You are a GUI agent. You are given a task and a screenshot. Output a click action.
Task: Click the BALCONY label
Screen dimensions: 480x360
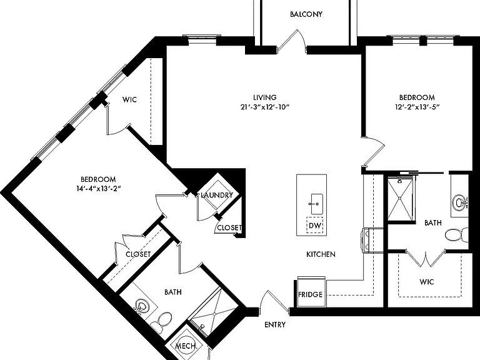pos(306,14)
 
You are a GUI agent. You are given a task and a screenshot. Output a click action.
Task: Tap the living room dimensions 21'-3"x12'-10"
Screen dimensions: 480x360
pos(265,107)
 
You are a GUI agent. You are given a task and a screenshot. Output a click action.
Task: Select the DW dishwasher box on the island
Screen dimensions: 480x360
pos(315,226)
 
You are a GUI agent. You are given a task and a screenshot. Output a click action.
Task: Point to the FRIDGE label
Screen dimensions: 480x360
pos(311,294)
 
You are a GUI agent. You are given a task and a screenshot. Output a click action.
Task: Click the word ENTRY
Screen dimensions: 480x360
pos(275,324)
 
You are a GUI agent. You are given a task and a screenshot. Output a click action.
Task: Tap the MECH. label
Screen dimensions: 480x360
pos(186,346)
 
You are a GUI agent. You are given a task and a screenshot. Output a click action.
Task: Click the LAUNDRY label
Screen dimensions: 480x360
pos(217,195)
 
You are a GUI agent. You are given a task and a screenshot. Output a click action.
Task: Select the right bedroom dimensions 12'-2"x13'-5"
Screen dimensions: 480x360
pos(417,107)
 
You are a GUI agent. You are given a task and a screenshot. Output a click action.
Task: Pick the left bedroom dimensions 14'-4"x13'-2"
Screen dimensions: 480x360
pos(99,189)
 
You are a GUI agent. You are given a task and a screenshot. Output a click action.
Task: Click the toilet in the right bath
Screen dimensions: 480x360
pos(457,235)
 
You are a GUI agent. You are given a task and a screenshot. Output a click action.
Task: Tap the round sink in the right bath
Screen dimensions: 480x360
pos(460,202)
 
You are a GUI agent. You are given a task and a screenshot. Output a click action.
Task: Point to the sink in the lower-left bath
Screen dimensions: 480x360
pos(142,306)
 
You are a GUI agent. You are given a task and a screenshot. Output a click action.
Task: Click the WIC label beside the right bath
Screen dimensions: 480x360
pos(427,282)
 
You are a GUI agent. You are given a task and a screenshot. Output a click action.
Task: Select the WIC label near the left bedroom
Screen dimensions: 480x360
pos(129,99)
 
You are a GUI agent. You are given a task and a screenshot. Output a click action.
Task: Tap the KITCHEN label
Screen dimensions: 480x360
pos(321,254)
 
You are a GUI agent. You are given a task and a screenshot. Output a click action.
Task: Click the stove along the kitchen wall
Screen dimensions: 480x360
pos(372,240)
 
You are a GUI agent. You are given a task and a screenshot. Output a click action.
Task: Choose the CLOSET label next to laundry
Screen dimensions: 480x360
pos(229,227)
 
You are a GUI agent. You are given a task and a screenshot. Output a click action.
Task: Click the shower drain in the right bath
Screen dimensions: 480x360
pos(400,198)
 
